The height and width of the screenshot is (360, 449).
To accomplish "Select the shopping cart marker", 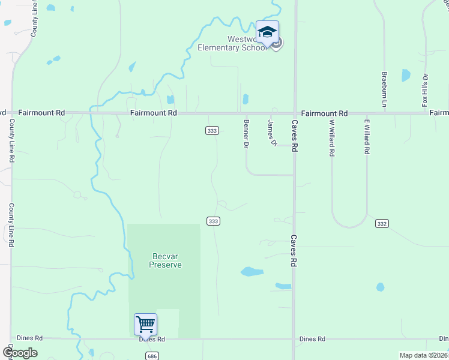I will [146, 325].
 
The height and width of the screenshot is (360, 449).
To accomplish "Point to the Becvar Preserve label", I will [165, 260].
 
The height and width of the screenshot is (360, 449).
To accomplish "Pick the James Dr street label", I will [272, 132].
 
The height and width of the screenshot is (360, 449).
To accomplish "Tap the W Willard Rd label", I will [331, 137].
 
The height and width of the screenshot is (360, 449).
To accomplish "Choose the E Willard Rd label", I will [366, 137].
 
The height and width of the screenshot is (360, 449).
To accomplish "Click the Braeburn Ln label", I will [384, 90].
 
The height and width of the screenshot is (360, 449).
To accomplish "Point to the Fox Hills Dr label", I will [425, 91].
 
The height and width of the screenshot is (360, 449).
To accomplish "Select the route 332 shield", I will [381, 223].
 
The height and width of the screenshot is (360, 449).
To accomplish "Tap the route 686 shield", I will [151, 356].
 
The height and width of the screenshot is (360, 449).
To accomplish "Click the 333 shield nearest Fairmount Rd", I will [212, 130].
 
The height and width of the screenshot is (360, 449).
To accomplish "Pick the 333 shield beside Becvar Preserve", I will [213, 221].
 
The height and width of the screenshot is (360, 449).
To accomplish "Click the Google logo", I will [19, 353].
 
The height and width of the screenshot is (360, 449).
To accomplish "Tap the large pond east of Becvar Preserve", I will [252, 272].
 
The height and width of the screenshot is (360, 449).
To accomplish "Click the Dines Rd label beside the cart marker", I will [151, 339].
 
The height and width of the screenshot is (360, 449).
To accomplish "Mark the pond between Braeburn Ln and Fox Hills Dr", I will [406, 76].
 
